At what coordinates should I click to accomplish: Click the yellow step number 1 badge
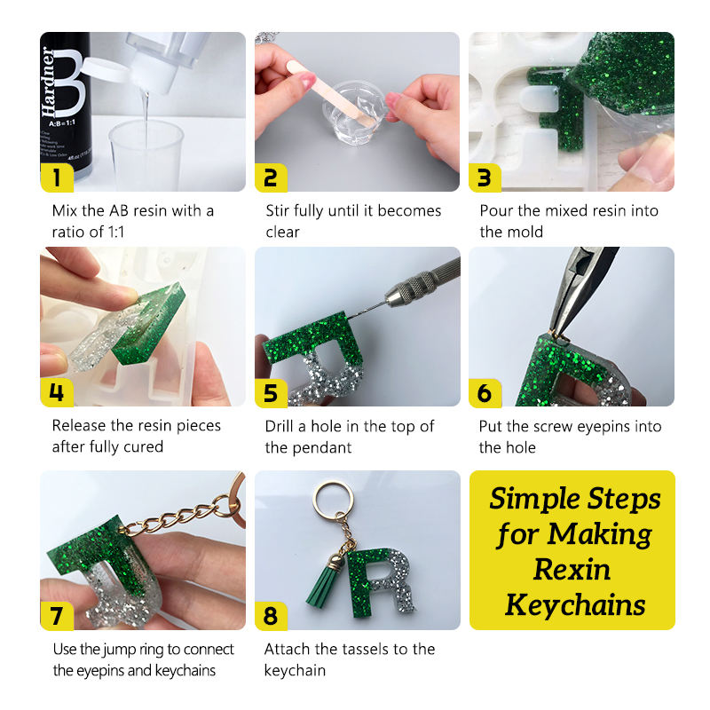(x=57, y=177)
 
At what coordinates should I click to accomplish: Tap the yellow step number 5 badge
(x=271, y=392)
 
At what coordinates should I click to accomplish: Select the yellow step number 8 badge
(x=271, y=616)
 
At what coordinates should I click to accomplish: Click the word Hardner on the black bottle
(x=48, y=82)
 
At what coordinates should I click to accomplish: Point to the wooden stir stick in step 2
(x=331, y=94)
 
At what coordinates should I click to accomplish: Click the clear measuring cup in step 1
(x=146, y=154)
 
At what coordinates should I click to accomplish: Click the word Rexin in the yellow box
(x=572, y=569)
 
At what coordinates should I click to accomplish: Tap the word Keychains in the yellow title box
(x=575, y=605)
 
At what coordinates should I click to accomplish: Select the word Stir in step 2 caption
(x=278, y=210)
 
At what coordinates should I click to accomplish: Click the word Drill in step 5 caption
(x=279, y=426)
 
